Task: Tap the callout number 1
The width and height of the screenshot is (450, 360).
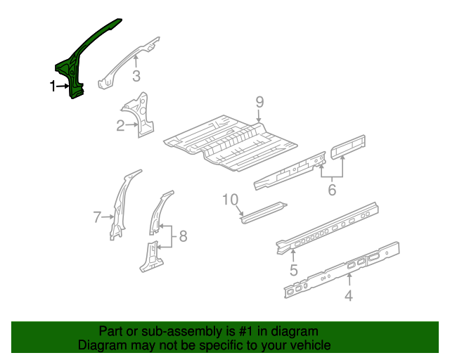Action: (x=53, y=86)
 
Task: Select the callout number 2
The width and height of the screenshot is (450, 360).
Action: (x=120, y=126)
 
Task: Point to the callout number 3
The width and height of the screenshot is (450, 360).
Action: (x=136, y=77)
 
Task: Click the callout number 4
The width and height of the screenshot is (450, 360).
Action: (x=348, y=296)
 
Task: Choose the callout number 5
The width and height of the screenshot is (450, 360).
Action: (x=332, y=190)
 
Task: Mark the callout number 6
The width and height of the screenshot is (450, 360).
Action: (x=98, y=217)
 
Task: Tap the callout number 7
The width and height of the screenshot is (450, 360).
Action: (x=183, y=236)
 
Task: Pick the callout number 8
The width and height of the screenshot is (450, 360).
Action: (x=259, y=103)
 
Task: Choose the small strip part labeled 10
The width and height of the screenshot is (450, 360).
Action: (x=264, y=212)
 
